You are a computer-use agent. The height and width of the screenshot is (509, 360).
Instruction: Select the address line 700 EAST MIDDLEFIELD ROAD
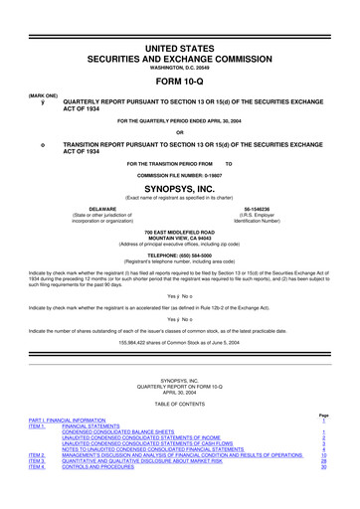[x=179, y=231]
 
